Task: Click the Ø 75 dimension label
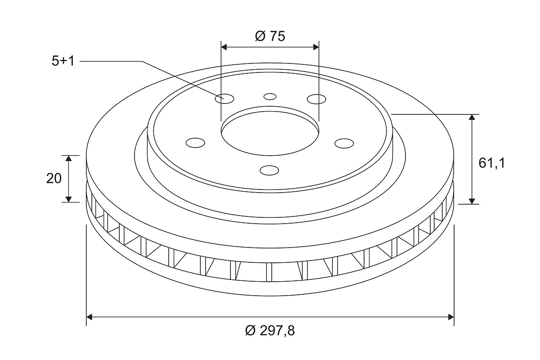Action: tap(270, 36)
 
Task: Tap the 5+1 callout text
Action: tap(63, 61)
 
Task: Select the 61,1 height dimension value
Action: tap(491, 163)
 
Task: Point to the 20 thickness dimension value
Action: tap(54, 179)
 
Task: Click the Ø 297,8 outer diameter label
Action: tap(270, 330)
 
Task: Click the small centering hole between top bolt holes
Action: tap(270, 97)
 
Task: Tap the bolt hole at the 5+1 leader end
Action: tap(225, 99)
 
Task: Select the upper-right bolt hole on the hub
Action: tap(316, 99)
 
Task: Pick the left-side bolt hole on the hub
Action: tap(195, 143)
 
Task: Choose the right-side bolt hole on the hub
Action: tap(344, 144)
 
